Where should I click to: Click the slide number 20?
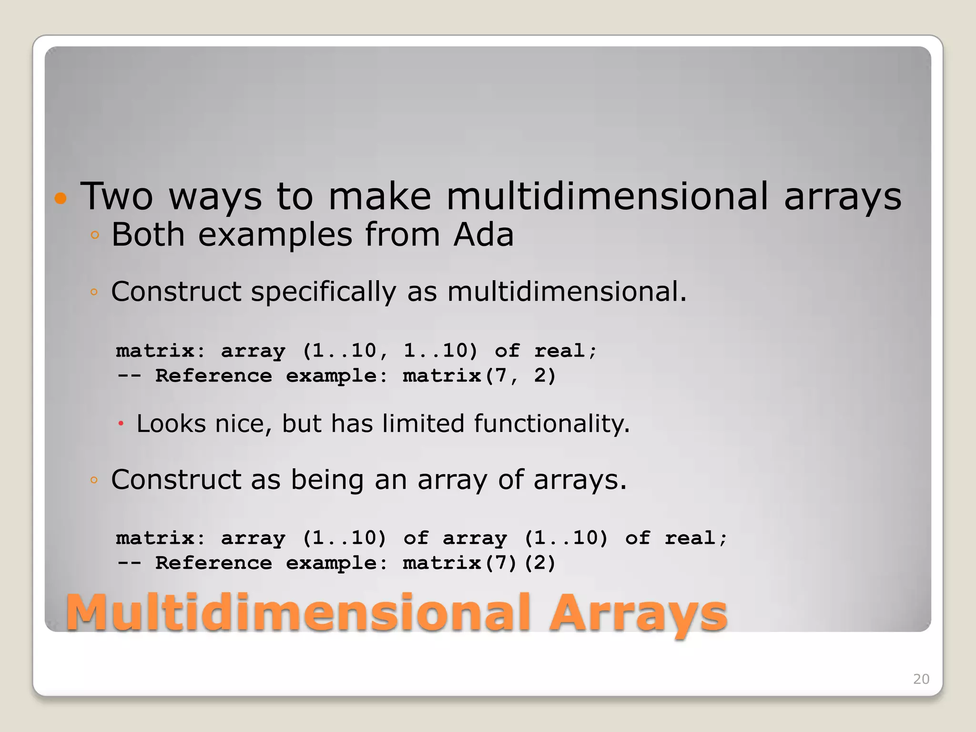921,679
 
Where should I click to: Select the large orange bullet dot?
61,198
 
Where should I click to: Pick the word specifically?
324,292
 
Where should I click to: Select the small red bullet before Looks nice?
121,424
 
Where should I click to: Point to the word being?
327,480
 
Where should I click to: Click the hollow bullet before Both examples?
94,235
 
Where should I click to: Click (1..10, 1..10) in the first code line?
390,351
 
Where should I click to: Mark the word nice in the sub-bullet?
243,424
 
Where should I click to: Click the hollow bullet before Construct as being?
94,480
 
